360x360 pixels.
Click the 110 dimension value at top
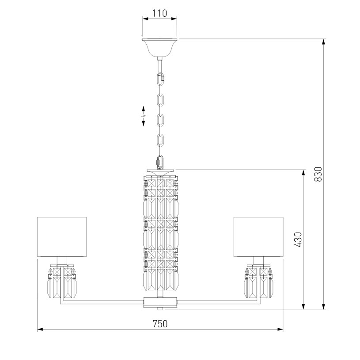click(x=159, y=13)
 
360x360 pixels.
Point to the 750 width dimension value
click(x=160, y=323)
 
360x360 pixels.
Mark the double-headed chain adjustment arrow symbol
click(x=144, y=116)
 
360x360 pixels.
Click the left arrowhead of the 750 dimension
click(x=40, y=330)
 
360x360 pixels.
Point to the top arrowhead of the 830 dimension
click(x=324, y=42)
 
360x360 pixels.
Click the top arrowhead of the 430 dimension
click(x=303, y=172)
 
